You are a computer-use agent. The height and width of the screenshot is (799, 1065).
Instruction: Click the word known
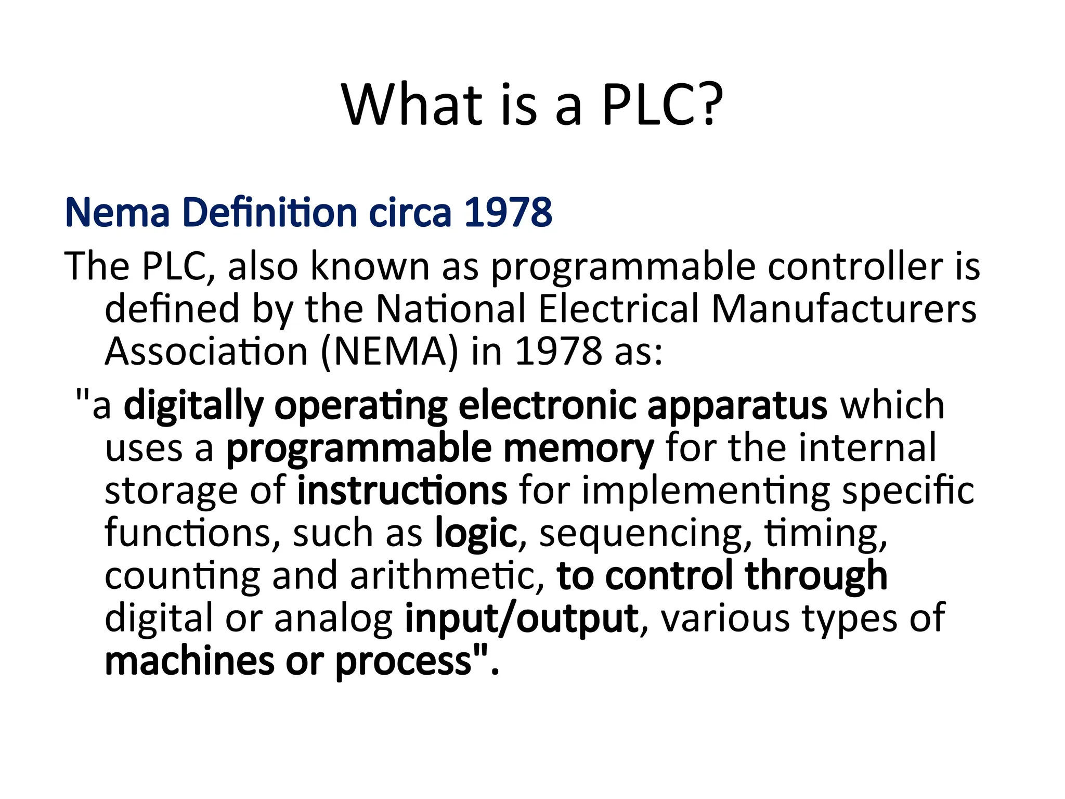(x=370, y=266)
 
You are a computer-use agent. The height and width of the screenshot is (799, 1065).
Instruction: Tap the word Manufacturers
(x=844, y=309)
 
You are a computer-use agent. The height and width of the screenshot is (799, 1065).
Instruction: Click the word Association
(x=206, y=352)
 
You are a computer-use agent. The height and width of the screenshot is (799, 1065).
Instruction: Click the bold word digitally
(x=193, y=406)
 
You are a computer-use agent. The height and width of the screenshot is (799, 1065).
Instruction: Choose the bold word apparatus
(x=737, y=406)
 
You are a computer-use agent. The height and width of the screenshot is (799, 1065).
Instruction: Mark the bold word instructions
(x=402, y=491)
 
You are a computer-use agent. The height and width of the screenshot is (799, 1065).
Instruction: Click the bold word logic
(x=476, y=534)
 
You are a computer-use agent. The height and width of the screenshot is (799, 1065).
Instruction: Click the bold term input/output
(x=522, y=619)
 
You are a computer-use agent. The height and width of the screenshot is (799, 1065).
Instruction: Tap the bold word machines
(x=189, y=661)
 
